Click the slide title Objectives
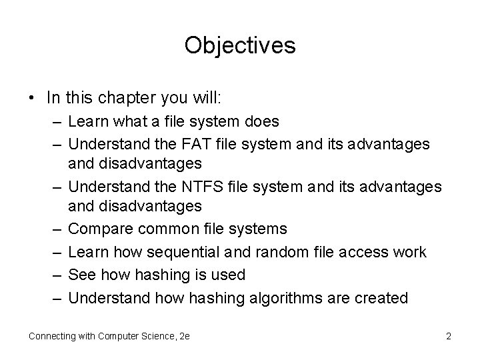point(240,45)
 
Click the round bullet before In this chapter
point(33,98)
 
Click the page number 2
point(449,336)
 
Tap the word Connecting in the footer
point(50,336)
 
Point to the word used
point(230,275)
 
